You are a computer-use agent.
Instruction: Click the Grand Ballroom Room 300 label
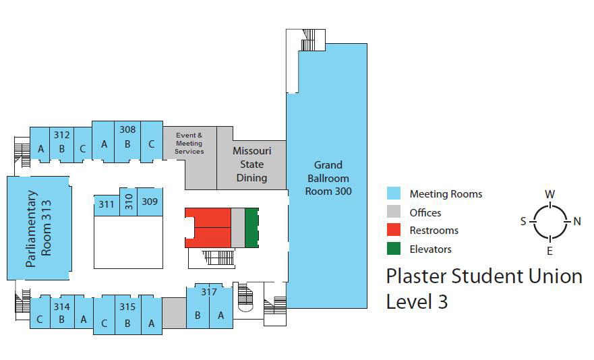click(328, 178)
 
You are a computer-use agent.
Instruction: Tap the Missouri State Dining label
click(252, 164)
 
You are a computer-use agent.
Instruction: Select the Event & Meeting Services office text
click(189, 143)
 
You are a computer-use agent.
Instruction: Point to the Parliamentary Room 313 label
click(38, 229)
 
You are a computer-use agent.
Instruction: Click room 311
click(107, 205)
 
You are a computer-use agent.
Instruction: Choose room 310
click(128, 202)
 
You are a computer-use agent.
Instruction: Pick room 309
click(150, 202)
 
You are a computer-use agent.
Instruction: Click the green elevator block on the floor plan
click(252, 228)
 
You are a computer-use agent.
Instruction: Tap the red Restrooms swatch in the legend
click(394, 230)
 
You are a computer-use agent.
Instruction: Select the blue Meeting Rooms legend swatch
click(394, 193)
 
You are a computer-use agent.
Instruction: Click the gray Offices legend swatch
click(394, 212)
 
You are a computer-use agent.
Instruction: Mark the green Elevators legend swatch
click(394, 249)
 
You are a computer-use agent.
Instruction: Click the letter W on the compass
click(550, 194)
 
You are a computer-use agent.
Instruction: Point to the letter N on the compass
click(577, 221)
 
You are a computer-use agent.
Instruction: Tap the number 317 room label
click(209, 292)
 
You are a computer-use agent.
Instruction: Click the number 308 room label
click(127, 129)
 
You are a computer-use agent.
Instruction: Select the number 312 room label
click(62, 135)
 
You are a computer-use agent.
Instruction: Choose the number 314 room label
click(62, 307)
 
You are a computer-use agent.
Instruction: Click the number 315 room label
click(127, 307)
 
